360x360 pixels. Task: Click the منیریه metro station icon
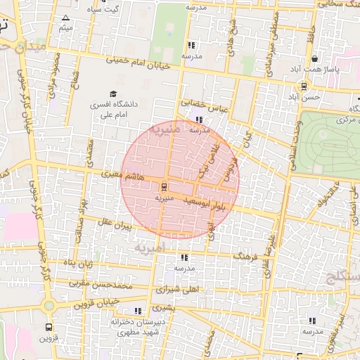[164, 186]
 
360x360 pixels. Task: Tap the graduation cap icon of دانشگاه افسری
[112, 94]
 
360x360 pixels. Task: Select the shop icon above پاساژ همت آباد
[314, 59]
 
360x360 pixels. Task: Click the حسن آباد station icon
[304, 86]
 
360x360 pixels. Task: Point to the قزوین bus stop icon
[49, 327]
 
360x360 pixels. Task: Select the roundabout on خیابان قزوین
[49, 306]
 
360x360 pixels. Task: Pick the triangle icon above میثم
[66, 18]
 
